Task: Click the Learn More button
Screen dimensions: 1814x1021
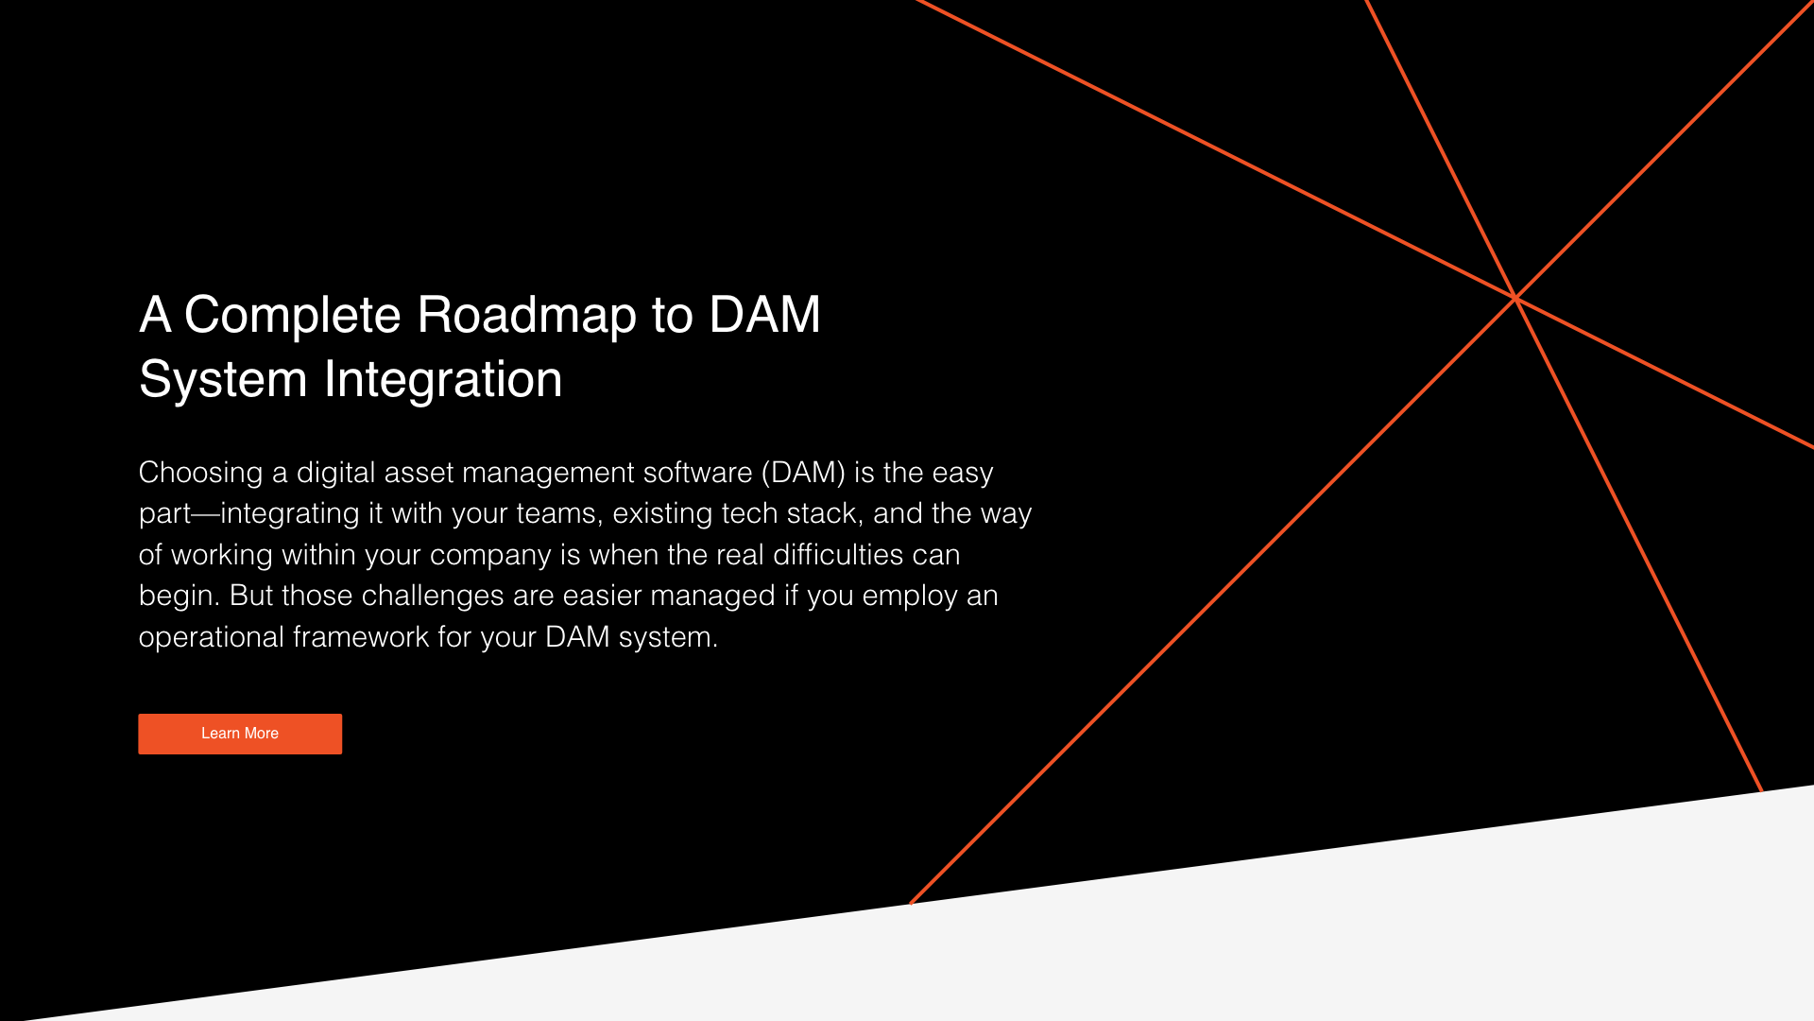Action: click(240, 734)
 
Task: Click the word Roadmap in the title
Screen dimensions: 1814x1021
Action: click(527, 315)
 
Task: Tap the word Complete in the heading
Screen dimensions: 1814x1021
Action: click(292, 315)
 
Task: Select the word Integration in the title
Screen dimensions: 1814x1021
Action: click(443, 380)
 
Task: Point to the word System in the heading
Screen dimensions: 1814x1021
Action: click(223, 380)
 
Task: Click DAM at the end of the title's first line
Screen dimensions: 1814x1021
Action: click(764, 315)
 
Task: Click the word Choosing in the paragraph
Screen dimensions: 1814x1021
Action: click(200, 473)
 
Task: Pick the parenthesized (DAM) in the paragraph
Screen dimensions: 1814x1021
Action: click(803, 473)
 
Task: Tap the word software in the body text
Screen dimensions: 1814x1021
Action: click(697, 473)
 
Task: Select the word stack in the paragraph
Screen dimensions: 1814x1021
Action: click(825, 513)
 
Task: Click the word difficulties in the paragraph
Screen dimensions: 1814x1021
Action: click(838, 555)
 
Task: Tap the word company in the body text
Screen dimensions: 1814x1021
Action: click(490, 555)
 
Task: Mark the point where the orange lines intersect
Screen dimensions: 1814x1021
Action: click(1515, 298)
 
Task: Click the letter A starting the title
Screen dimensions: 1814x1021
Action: click(155, 315)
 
